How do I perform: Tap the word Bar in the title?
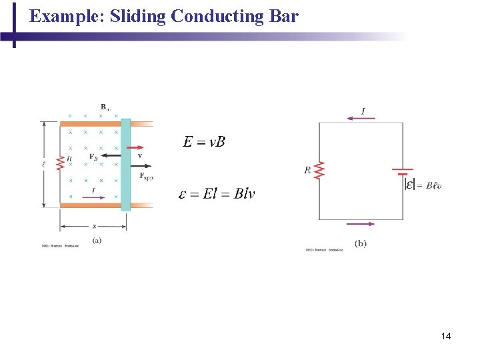point(283,16)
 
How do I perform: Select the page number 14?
point(446,336)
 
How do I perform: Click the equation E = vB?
point(204,142)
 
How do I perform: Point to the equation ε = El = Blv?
point(217,195)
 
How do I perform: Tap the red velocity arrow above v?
point(133,147)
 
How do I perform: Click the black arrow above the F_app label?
point(139,165)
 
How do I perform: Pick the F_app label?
point(146,177)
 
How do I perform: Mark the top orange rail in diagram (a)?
point(91,123)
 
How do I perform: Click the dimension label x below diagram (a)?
point(94,227)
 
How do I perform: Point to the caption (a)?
point(97,240)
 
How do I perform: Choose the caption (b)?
point(361,244)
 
